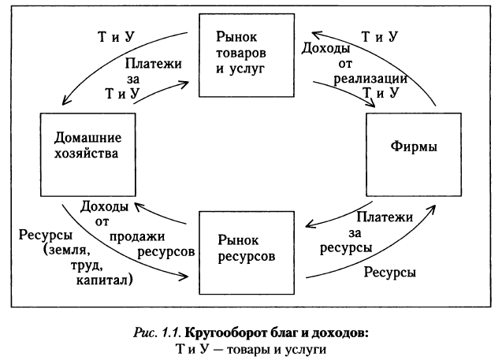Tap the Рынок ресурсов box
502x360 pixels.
pyautogui.click(x=240, y=246)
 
